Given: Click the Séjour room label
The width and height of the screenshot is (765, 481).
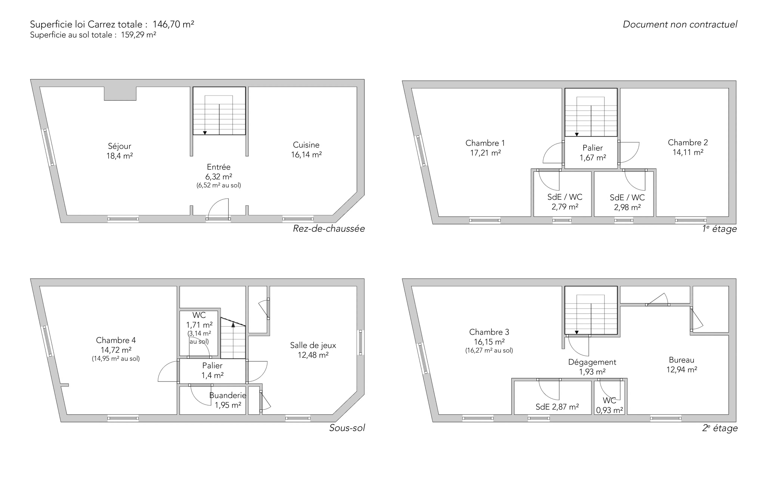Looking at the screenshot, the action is pos(120,146).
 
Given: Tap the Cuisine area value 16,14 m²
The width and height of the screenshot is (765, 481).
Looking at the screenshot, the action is pos(306,155).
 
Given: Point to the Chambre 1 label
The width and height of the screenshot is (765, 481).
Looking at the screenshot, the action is pos(485,143).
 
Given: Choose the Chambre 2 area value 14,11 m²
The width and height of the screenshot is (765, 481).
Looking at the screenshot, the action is pos(688,152).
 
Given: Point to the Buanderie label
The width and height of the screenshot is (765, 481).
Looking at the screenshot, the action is pos(228,395).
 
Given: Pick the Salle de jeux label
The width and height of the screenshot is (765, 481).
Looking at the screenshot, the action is pos(313,345).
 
